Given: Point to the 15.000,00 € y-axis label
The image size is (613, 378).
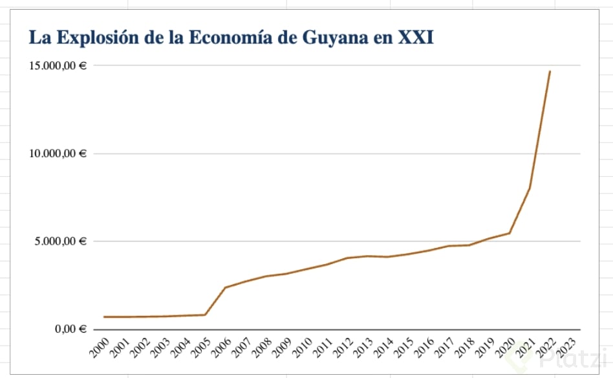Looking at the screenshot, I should pos(57,66).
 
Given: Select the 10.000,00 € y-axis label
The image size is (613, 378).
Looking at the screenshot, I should pos(57,154).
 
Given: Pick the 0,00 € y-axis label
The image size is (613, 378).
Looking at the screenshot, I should pos(69,329).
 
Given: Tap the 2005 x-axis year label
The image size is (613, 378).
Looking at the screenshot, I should pos(200,348).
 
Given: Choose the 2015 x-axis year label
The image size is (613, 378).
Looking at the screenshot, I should pos(402,348).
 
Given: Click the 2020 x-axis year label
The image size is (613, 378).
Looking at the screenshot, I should pos(504,348).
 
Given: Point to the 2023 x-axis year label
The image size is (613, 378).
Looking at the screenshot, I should pos(565,348).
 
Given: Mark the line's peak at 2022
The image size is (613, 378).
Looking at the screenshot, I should pos(550,71).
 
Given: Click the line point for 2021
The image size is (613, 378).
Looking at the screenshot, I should pos(530,188).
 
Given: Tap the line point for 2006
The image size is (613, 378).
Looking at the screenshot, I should pos(225,287).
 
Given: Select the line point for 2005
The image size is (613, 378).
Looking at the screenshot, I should pos(205,315).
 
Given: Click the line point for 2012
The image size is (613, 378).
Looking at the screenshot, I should pos(347,258).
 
